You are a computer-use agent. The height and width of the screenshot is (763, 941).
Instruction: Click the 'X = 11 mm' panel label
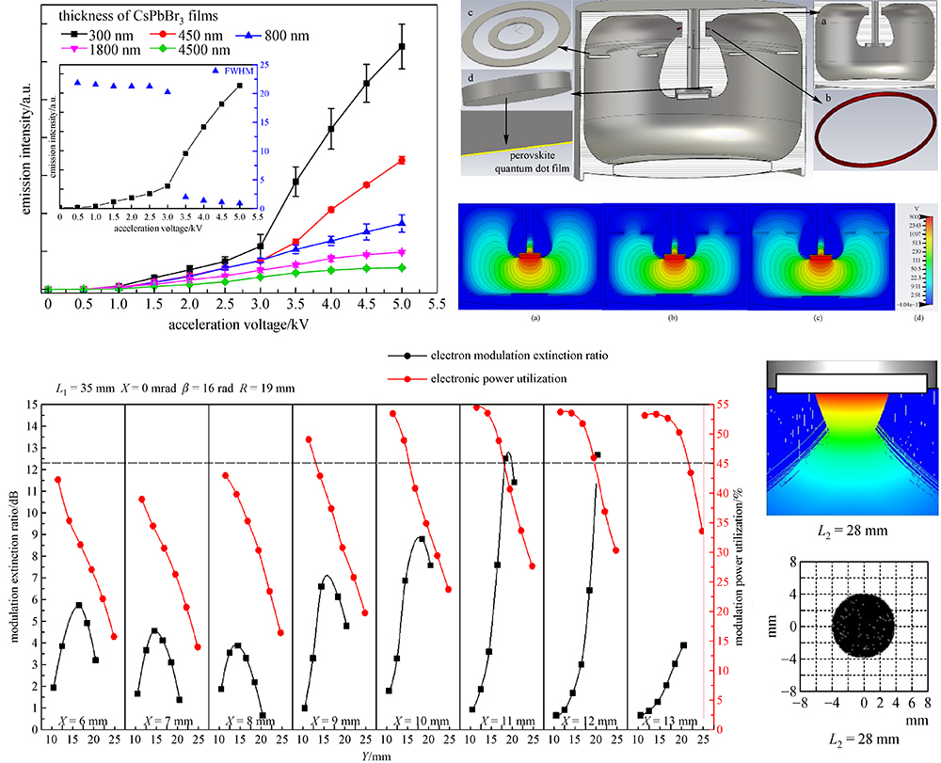[x=500, y=721]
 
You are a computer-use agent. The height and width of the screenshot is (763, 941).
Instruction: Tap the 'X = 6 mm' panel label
[x=82, y=721]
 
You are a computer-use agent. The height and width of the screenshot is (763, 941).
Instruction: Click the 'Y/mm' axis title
[x=376, y=754]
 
